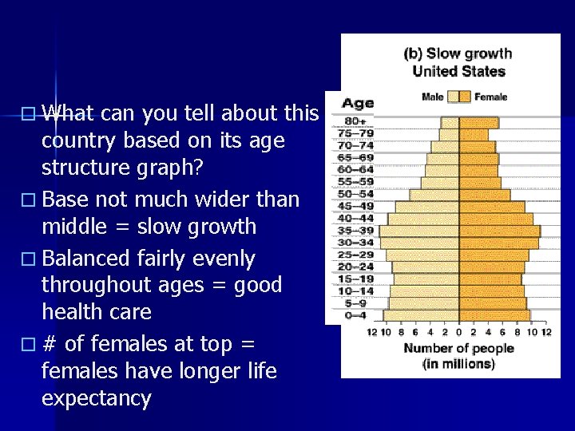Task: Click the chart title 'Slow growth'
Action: pyautogui.click(x=469, y=54)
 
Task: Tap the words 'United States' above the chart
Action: pyautogui.click(x=458, y=71)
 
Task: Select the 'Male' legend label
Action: pyautogui.click(x=432, y=97)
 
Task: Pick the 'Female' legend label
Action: pyautogui.click(x=490, y=97)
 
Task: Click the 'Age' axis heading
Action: pyautogui.click(x=358, y=104)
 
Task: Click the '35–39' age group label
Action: pyautogui.click(x=355, y=230)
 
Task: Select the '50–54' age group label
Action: pyautogui.click(x=355, y=194)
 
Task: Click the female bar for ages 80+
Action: pyautogui.click(x=478, y=123)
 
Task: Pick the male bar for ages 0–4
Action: pyautogui.click(x=421, y=315)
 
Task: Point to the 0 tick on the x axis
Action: pyautogui.click(x=458, y=331)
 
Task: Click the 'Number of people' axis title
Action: pyautogui.click(x=458, y=348)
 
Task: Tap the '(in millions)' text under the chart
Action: pyautogui.click(x=458, y=364)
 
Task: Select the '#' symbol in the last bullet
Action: pyautogui.click(x=49, y=344)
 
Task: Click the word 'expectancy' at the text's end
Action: pyautogui.click(x=96, y=398)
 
